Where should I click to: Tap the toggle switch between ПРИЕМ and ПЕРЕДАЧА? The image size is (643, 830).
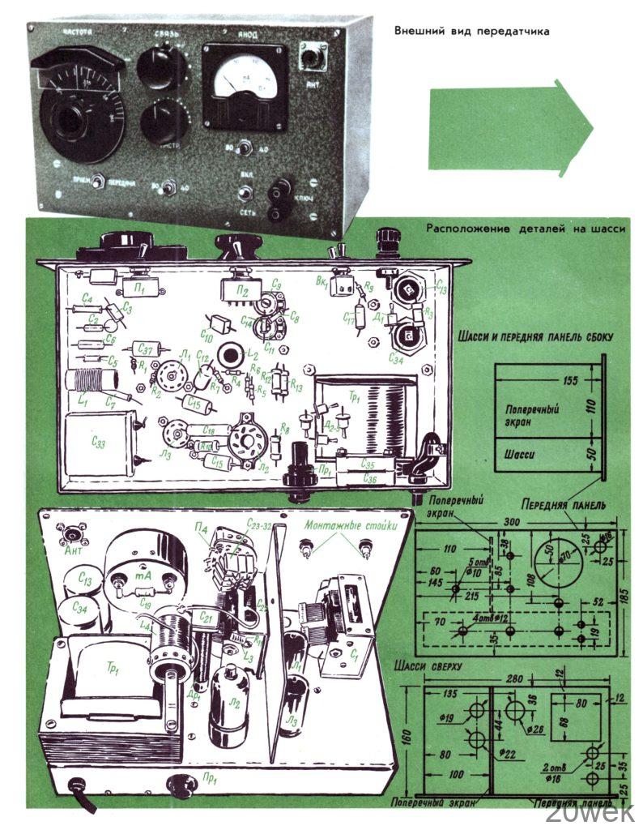97,182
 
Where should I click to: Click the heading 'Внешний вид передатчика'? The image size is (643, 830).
471,32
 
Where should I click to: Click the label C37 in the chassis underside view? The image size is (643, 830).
145,349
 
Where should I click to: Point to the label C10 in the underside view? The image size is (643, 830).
207,333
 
